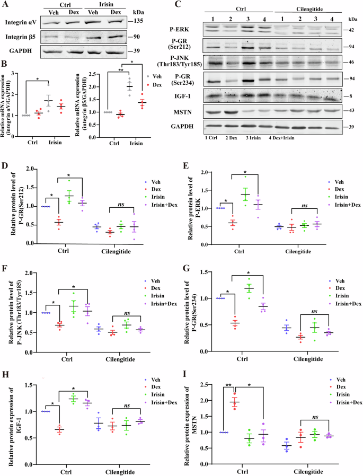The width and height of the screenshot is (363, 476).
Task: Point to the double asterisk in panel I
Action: tap(228, 387)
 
